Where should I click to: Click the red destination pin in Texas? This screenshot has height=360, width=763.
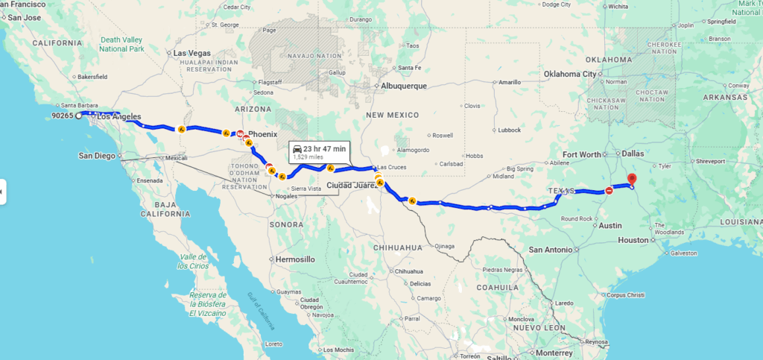pos(632,179)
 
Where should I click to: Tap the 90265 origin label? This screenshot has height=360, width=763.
pos(62,116)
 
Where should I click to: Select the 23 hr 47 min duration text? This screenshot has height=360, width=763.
pos(324,149)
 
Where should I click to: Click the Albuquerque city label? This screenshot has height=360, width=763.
pos(403,86)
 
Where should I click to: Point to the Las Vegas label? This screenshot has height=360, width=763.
pos(191,53)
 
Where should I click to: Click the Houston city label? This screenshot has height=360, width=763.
pos(633,240)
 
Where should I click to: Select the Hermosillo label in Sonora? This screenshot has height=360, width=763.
pos(295,259)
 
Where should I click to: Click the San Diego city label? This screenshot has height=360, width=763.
pos(98,156)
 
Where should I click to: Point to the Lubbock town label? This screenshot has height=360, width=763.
pos(510,130)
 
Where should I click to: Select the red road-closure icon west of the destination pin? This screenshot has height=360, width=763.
pos(609,190)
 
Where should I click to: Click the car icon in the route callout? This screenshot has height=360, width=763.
pos(297,149)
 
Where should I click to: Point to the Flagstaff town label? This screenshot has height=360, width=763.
pos(269,82)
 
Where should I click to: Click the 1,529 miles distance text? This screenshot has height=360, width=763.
pos(308,157)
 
